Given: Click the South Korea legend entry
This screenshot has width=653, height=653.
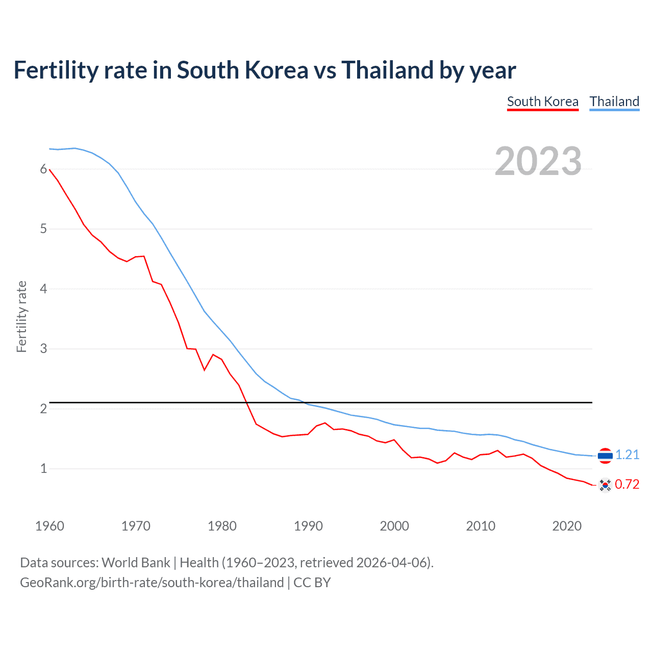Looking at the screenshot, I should point(542,102).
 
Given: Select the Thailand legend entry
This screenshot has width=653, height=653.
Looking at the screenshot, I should point(614,102).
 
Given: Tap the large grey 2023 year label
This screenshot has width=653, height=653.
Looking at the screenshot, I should point(538,161).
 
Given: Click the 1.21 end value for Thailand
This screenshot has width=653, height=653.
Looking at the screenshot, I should point(627,455).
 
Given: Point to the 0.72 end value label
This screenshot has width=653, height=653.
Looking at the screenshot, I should point(627,484).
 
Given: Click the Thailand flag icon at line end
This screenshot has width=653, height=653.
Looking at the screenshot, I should point(605,455).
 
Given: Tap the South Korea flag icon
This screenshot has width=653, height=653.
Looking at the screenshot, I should point(605,485).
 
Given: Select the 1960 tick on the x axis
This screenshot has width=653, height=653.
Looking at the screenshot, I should point(49,526).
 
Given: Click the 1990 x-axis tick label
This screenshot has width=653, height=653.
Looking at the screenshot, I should point(308,526).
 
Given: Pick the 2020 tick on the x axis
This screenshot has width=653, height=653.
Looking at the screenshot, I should point(567,526).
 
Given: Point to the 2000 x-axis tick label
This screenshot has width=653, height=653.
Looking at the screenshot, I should point(394,526).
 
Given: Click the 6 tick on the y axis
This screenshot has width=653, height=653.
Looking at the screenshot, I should point(43,169).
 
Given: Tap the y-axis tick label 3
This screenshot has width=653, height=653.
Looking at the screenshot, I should point(43,349).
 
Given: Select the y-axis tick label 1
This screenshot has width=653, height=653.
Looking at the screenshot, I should point(43,468).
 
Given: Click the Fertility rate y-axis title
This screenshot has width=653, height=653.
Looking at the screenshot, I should point(21,316).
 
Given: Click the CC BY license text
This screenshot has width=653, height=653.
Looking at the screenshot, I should point(312,583).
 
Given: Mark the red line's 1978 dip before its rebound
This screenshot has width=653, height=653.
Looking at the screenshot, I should point(205,370).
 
